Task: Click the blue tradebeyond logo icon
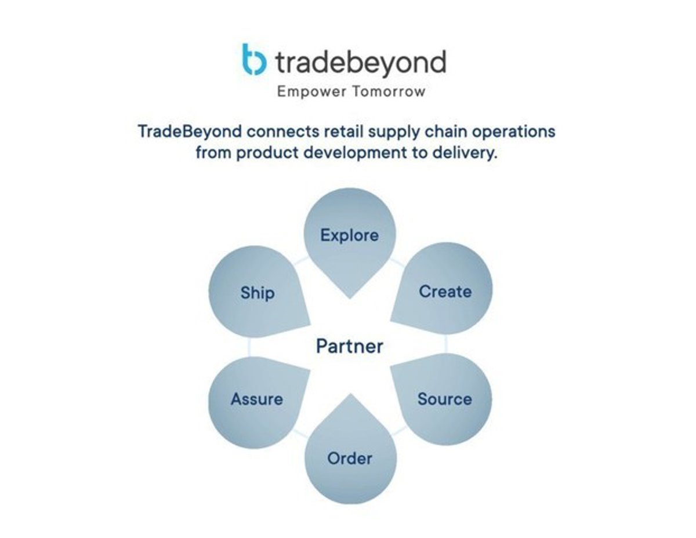[254, 60]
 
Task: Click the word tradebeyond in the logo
[361, 63]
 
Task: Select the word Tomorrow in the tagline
[389, 92]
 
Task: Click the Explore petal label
[349, 236]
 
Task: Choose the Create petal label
[445, 292]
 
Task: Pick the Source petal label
[444, 399]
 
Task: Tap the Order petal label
[349, 459]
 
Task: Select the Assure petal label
[257, 399]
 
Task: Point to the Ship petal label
[258, 293]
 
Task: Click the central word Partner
[349, 346]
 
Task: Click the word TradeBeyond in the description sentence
[190, 132]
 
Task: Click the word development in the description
[355, 153]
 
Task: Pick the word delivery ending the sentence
[465, 153]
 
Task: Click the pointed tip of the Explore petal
[350, 299]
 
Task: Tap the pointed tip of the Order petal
[350, 394]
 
